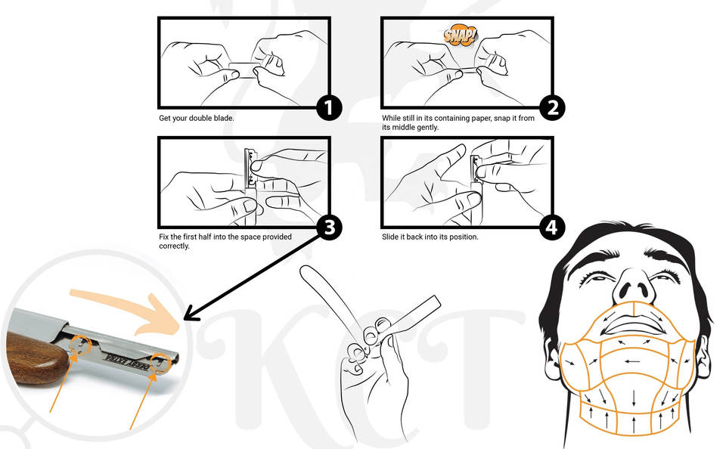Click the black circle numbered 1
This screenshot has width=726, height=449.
[x=329, y=108]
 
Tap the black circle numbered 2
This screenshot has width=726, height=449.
[x=552, y=108]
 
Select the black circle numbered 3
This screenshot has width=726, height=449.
[x=329, y=228]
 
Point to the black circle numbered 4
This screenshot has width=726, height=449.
[x=552, y=228]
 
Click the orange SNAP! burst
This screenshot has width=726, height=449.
[x=460, y=36]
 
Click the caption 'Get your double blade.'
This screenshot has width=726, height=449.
[x=197, y=118]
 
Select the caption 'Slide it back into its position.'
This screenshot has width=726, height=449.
[x=430, y=237]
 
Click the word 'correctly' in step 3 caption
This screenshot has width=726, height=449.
[x=174, y=246]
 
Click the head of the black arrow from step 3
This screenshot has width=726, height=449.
[x=190, y=314]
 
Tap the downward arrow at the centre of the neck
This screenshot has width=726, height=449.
[x=633, y=397]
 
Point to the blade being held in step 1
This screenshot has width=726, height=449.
[x=244, y=70]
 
